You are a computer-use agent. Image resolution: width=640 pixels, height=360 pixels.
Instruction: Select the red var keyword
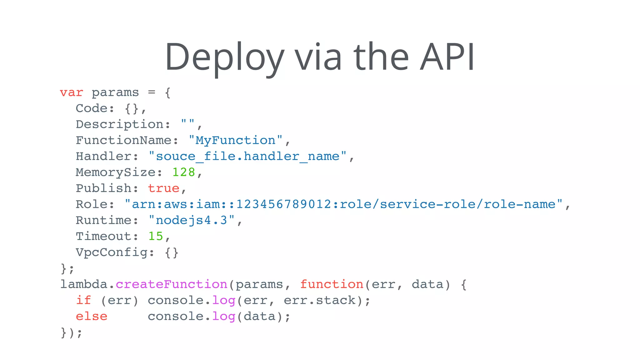(72, 92)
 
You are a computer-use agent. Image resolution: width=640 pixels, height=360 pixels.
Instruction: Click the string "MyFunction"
(236, 140)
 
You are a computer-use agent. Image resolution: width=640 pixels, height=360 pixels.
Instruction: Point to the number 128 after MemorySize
(183, 172)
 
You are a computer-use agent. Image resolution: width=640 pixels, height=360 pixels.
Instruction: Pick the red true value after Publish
(163, 188)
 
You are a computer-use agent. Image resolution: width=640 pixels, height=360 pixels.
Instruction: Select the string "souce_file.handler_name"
(247, 156)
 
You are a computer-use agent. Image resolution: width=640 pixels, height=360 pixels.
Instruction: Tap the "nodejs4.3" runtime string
(191, 220)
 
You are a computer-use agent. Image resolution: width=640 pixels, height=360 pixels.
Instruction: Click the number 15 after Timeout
(156, 236)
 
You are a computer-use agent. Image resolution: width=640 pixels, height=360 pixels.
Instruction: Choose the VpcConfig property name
(112, 252)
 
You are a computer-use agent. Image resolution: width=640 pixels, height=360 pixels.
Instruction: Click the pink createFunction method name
(171, 284)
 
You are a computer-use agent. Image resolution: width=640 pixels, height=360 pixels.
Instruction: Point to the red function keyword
(332, 284)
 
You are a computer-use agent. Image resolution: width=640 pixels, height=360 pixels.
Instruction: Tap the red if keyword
(83, 300)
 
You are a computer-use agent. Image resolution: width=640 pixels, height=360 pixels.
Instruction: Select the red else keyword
(92, 316)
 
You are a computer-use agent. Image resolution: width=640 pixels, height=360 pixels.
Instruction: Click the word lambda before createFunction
(84, 284)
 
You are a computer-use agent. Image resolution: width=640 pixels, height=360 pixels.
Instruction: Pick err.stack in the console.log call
(319, 300)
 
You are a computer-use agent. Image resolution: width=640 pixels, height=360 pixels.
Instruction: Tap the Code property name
(92, 108)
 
